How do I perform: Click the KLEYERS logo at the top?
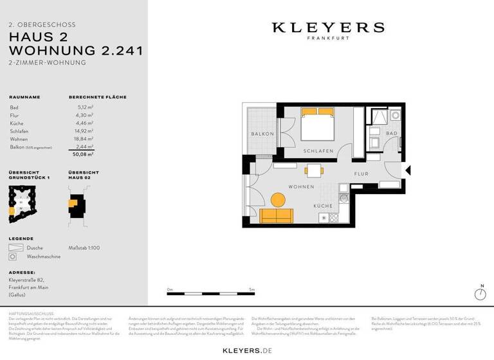328,28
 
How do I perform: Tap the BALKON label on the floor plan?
263,134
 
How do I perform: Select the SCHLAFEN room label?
318,150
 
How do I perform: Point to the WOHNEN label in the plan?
301,186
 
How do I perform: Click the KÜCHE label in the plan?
323,206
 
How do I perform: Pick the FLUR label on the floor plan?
361,174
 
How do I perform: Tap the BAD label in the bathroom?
392,133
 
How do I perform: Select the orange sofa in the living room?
277,215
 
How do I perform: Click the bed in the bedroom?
318,125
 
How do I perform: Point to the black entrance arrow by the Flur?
407,170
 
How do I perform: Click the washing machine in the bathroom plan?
395,116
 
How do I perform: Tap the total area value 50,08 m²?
83,154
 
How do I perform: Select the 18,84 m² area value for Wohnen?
85,138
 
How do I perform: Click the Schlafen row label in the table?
19,130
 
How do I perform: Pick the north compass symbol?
479,294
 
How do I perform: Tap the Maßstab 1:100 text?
84,248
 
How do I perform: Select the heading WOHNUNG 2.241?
76,50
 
